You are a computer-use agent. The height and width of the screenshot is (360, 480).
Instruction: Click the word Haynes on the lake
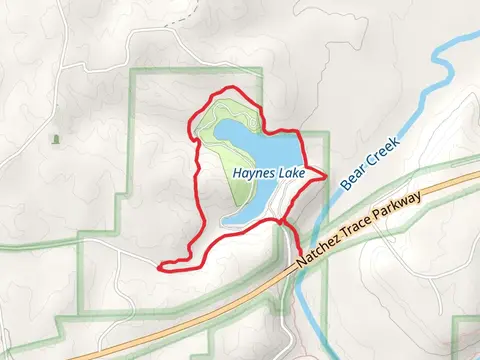click(x=255, y=172)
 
